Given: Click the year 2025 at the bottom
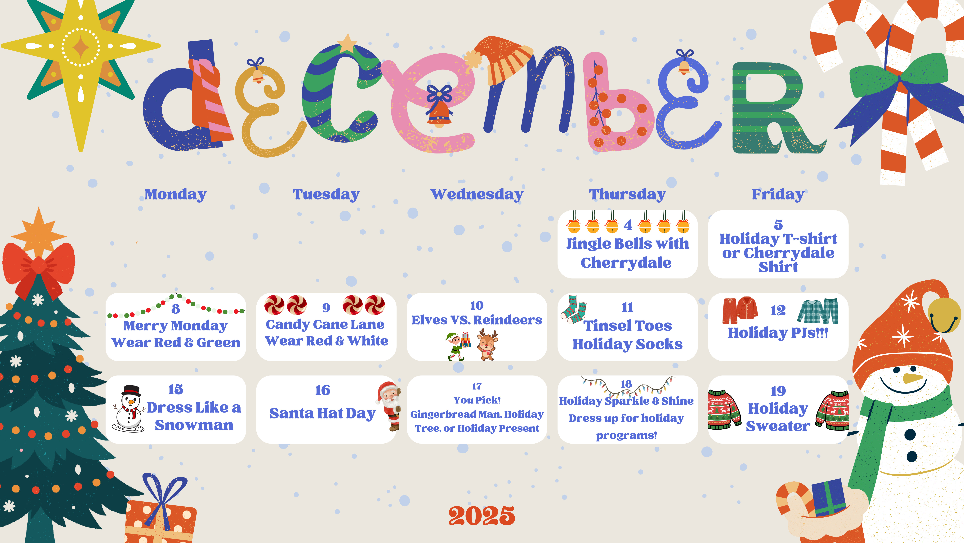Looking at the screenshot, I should point(482,516).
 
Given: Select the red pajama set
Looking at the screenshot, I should point(740,310).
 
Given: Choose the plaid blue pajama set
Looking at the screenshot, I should point(818,311).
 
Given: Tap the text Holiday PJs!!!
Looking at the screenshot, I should point(778,333).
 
